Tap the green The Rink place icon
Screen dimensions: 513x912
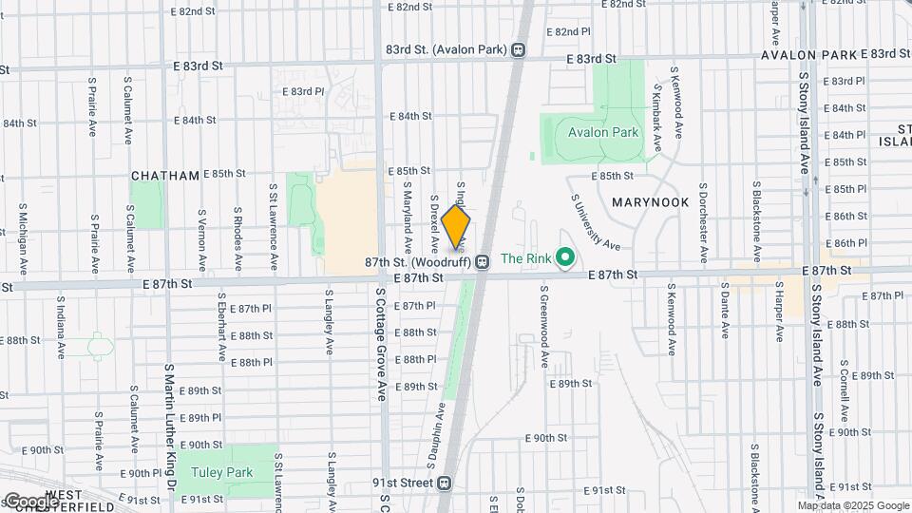click(x=566, y=257)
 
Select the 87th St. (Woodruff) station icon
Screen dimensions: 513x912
click(x=483, y=261)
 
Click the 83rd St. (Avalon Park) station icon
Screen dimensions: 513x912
click(x=519, y=49)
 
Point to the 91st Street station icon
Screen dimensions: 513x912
click(x=444, y=483)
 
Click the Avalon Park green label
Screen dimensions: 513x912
click(x=603, y=133)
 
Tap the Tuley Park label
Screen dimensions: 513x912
click(x=220, y=472)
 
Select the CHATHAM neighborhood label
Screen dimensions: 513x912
click(x=165, y=176)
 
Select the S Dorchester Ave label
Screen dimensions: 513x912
click(x=703, y=222)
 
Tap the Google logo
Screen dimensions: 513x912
click(x=31, y=501)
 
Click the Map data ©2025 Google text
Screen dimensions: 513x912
click(x=853, y=505)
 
